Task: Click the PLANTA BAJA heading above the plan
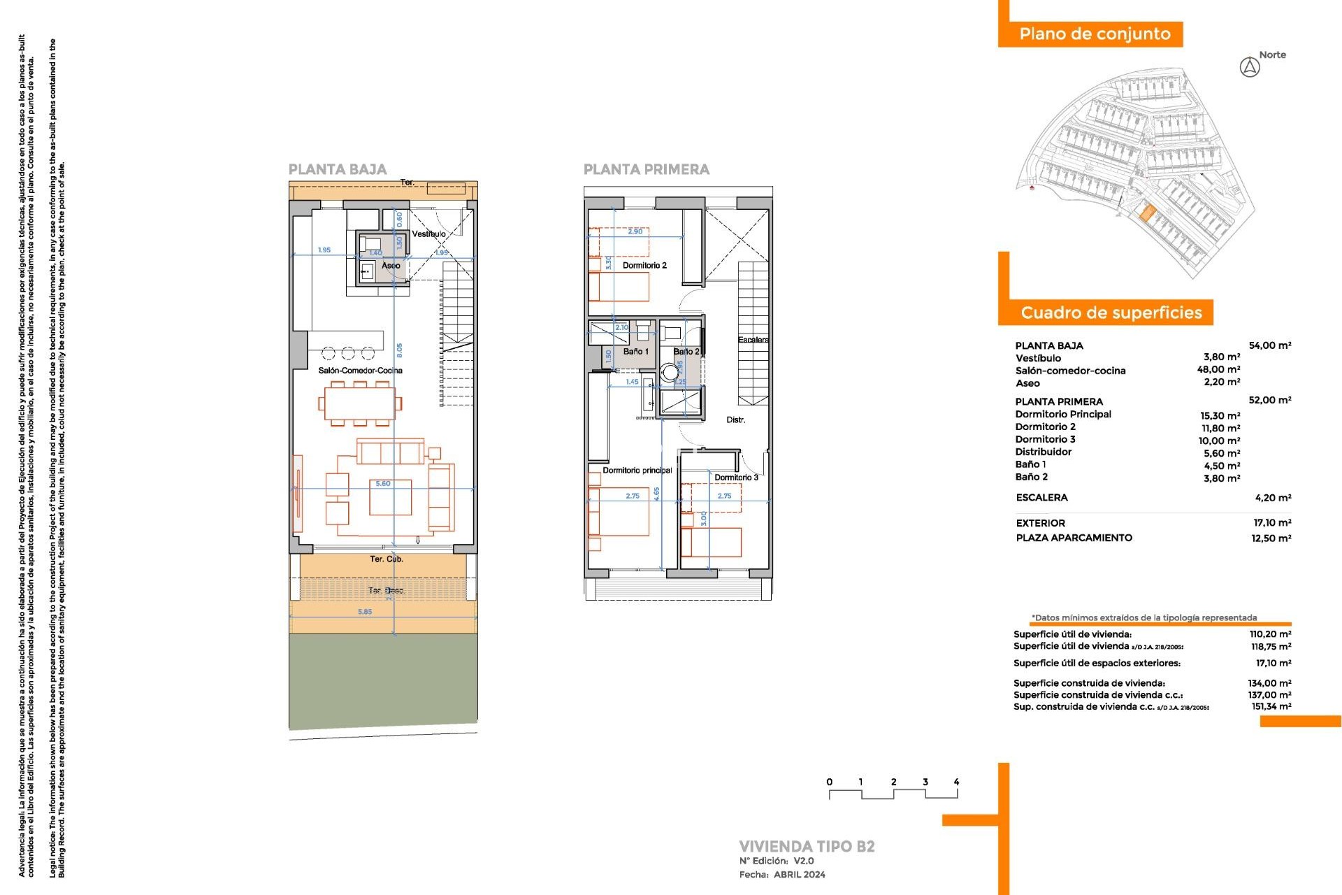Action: pos(338,169)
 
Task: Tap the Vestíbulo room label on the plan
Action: pos(428,234)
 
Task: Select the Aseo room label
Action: pos(391,266)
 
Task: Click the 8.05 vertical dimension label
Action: pos(399,350)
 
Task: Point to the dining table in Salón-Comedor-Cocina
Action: pos(360,403)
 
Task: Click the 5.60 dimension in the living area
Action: pos(383,483)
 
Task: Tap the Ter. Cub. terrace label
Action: pos(387,559)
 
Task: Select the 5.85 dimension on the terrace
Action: pos(365,612)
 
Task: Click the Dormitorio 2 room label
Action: pos(644,266)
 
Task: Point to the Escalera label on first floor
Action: pos(753,340)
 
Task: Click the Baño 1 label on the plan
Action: pos(635,352)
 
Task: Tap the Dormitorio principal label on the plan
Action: pos(637,471)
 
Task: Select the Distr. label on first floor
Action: pos(735,420)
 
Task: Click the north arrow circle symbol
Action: pos(1250,68)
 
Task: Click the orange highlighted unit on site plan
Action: pos(1147,213)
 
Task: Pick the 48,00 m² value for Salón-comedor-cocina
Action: pos(1218,370)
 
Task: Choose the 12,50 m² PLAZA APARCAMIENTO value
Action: pos(1271,538)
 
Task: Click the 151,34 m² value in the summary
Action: pos(1271,707)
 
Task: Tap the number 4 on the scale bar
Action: pos(956,782)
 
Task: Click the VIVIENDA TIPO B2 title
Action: pos(807,846)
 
